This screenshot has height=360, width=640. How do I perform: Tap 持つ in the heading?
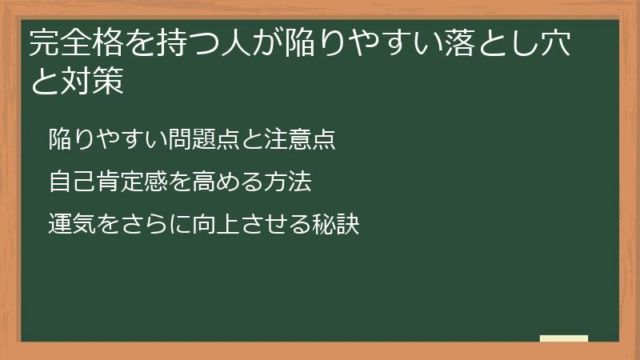tap(167, 45)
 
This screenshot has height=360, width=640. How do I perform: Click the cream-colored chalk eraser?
tap(563, 338)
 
